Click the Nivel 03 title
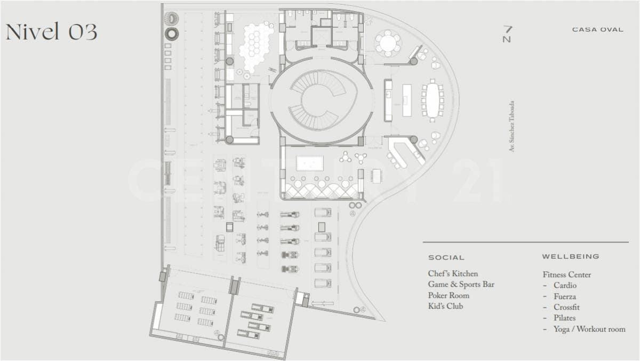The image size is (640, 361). pos(51,31)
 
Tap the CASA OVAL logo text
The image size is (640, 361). pos(597,30)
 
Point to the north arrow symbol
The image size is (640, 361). pos(507,34)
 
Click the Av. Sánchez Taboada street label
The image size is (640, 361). pos(511,126)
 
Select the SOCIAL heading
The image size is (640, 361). pos(446,257)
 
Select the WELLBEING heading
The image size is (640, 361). pos(571,256)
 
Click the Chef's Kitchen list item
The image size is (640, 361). pos(453,274)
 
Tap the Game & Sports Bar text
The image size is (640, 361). pos(461,284)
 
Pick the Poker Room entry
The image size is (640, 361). pos(449,295)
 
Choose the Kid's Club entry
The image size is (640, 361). pos(445,306)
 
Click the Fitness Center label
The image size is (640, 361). pos(567,274)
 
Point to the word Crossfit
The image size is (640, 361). pos(566,307)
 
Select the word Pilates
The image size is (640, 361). pos(565,318)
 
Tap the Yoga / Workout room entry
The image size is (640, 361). pos(589,329)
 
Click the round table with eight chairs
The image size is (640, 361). pos(388,43)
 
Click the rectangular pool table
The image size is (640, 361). pos(310,163)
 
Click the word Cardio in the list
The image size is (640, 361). pos(565,286)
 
